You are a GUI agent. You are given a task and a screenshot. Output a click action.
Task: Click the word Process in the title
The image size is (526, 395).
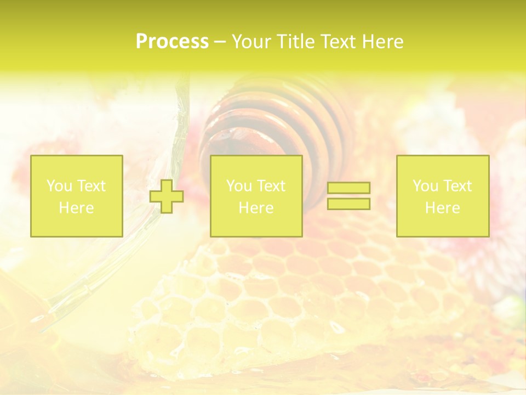tap(172, 42)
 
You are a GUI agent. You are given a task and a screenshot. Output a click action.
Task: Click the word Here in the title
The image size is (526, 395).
tap(383, 42)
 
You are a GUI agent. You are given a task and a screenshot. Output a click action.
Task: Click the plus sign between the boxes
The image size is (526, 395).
tap(167, 196)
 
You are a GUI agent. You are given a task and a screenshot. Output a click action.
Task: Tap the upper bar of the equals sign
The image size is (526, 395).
tap(348, 188)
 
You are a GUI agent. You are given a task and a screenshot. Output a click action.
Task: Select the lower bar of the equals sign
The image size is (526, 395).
tap(348, 204)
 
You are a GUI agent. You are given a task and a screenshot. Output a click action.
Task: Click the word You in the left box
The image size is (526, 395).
tap(59, 186)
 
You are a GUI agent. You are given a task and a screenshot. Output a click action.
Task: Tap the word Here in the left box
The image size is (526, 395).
tap(76, 208)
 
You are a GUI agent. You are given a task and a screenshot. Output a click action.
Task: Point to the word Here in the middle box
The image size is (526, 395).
tap(256, 208)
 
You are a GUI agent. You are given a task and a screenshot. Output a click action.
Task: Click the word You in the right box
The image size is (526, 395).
tap(425, 186)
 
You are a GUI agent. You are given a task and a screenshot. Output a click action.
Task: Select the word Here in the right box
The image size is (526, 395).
tap(442, 208)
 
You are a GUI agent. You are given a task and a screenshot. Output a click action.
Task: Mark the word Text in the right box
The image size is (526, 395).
tap(459, 186)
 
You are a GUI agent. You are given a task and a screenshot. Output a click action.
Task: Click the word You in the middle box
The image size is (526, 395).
tap(239, 186)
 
